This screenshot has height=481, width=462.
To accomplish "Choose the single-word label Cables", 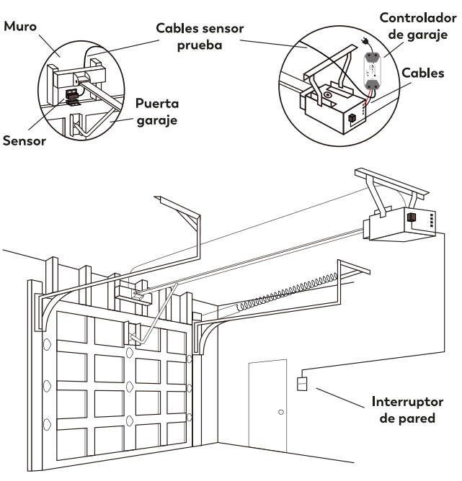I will [x=428, y=73].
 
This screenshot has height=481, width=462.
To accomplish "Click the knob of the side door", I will [x=281, y=413].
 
